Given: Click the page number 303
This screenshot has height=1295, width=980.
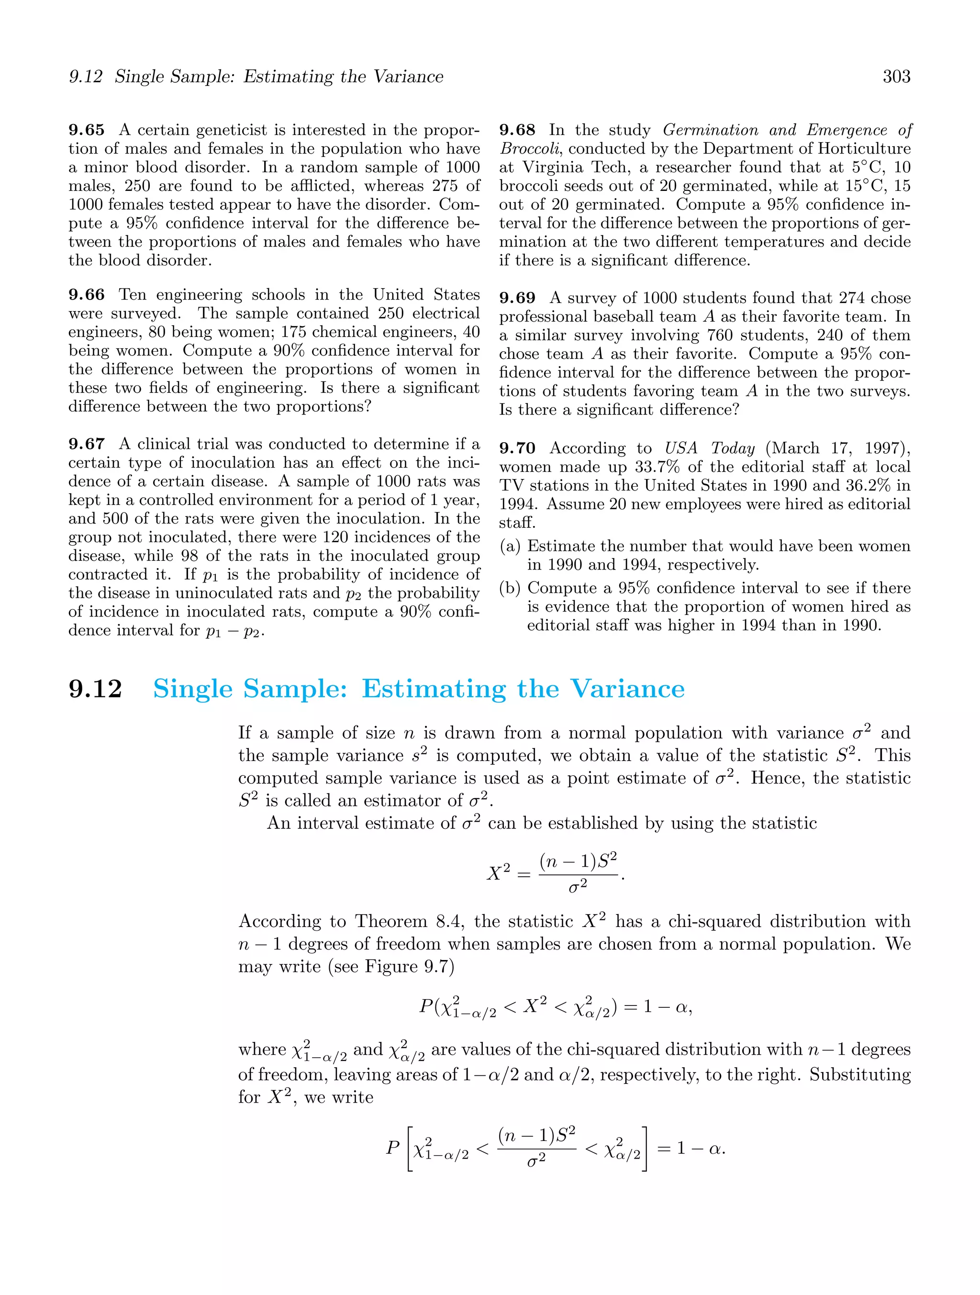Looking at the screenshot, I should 896,77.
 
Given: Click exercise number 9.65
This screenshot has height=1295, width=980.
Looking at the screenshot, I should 87,130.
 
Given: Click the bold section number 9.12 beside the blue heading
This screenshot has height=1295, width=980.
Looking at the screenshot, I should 95,689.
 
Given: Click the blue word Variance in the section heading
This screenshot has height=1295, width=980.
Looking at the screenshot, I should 627,689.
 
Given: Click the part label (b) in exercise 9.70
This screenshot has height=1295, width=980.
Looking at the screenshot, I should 510,588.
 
